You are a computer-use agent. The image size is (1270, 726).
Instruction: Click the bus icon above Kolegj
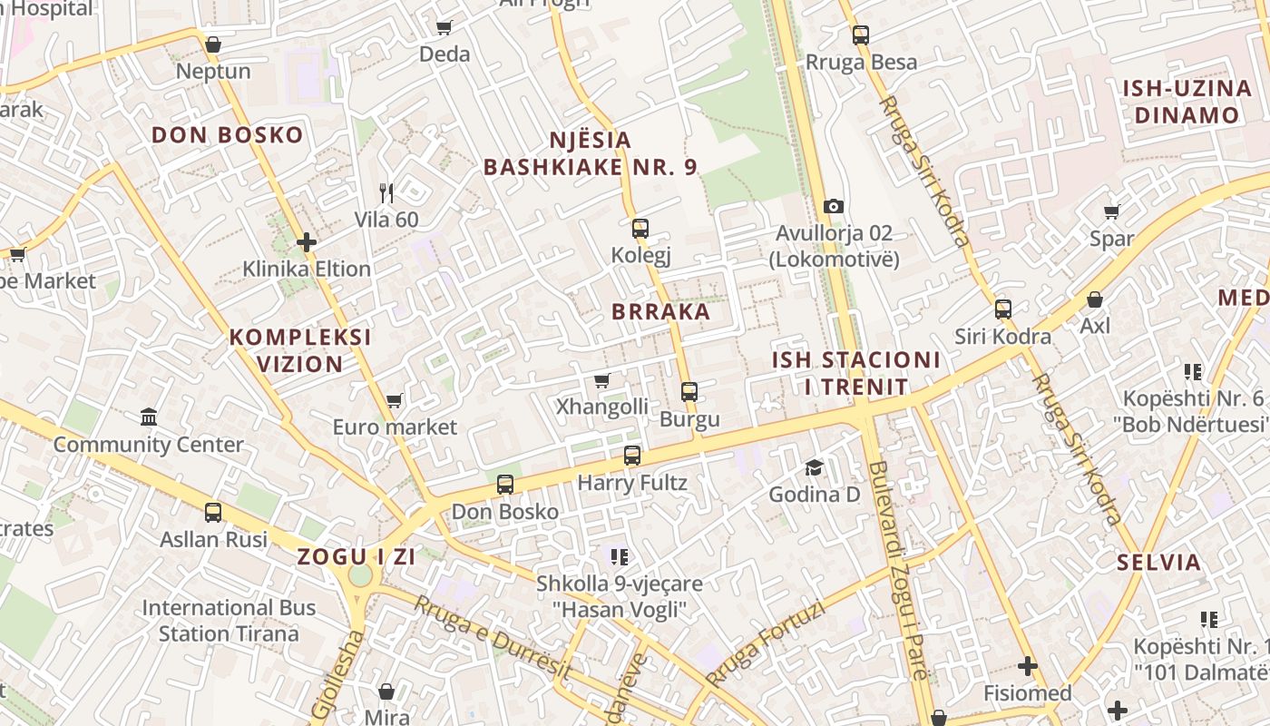tap(640, 228)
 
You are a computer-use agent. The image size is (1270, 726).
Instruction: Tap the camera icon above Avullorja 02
tap(834, 207)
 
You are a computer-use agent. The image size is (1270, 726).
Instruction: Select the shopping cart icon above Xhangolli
tap(601, 380)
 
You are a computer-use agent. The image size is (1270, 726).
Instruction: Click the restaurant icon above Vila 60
tap(386, 192)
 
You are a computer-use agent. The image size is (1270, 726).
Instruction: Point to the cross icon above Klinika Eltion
tap(307, 242)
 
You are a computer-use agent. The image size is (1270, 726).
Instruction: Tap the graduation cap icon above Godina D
tap(815, 468)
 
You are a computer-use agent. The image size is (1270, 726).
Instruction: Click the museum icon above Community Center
tap(149, 417)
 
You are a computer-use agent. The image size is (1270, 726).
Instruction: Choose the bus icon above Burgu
tap(689, 392)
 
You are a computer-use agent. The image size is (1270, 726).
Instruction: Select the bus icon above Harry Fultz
tap(632, 456)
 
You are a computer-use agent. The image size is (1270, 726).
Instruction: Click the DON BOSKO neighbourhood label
tap(227, 136)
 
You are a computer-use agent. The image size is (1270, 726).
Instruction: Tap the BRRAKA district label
tap(660, 312)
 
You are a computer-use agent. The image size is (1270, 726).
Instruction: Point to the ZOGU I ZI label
tap(357, 557)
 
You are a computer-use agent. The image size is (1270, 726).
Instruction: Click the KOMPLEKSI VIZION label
tap(300, 350)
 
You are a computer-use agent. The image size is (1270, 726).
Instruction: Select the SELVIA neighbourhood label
tap(1159, 562)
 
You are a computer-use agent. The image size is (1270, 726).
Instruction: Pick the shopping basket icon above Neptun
tap(213, 44)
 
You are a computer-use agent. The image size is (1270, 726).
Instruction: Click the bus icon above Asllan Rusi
tap(213, 513)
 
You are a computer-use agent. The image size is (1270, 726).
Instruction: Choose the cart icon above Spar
tap(1112, 211)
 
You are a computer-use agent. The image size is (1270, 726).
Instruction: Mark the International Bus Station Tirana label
tap(229, 621)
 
